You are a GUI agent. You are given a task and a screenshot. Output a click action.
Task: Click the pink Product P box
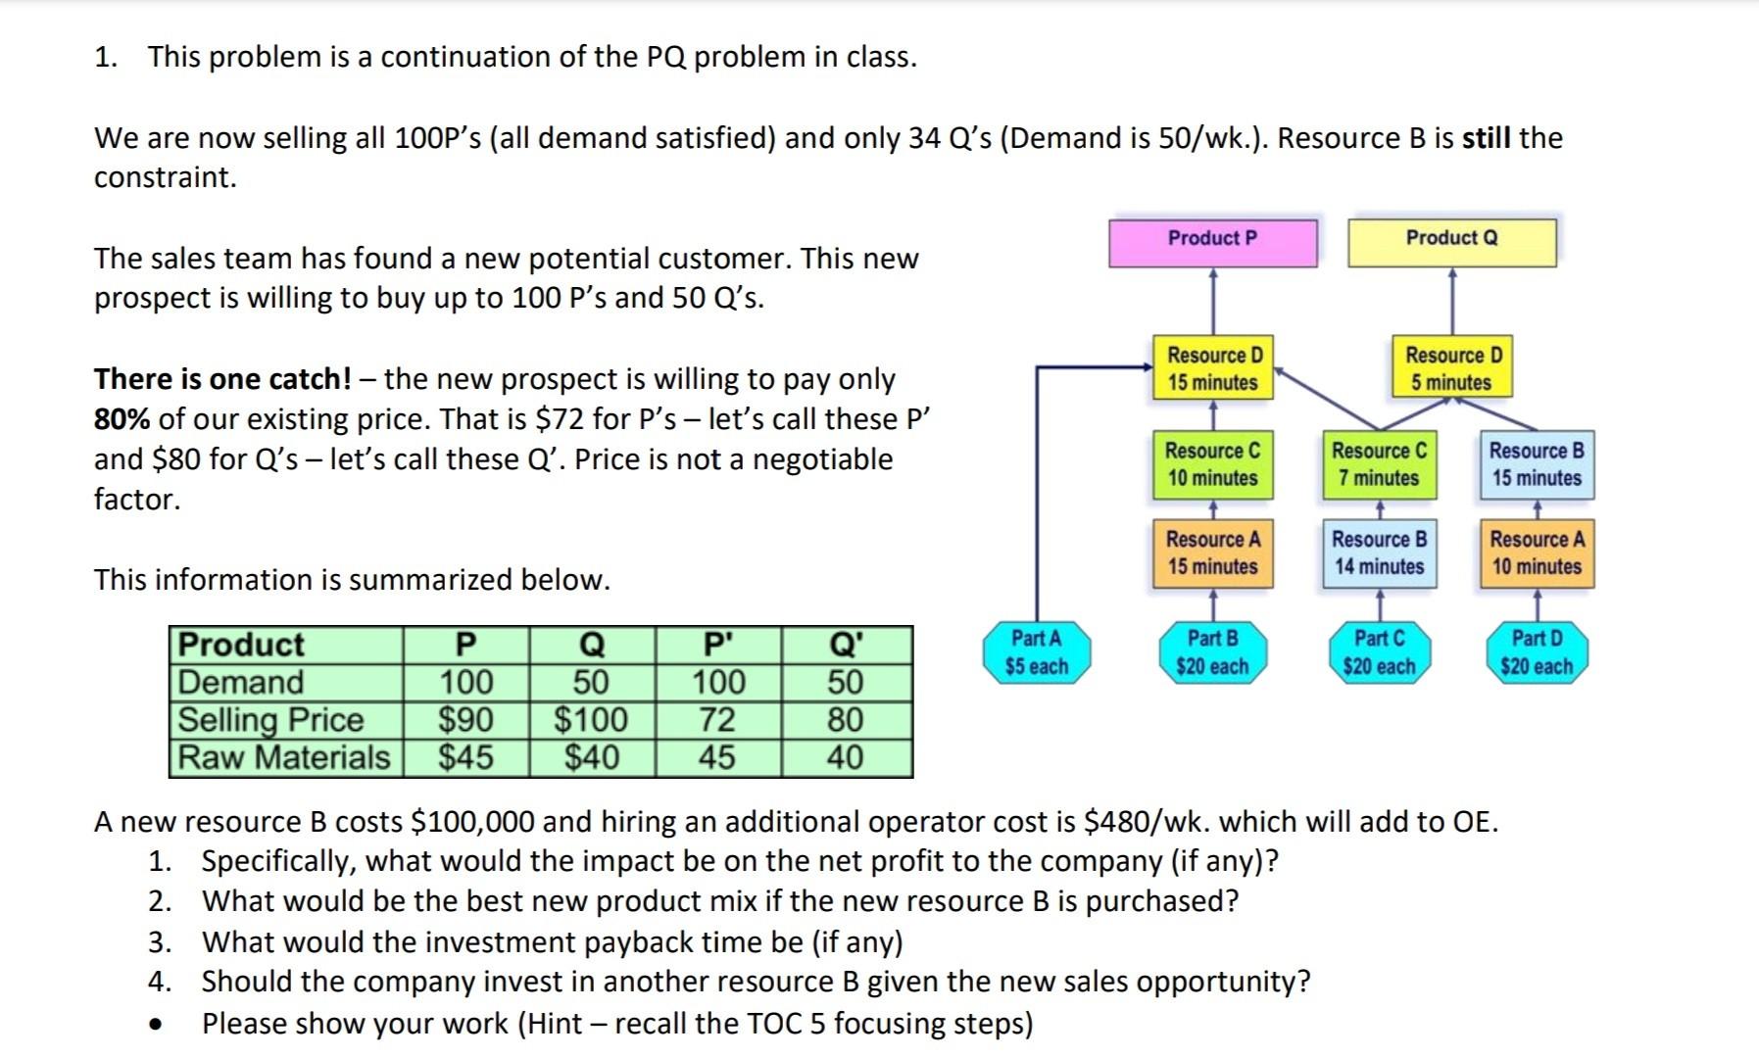tap(1212, 242)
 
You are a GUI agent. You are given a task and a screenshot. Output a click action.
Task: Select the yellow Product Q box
tap(1451, 242)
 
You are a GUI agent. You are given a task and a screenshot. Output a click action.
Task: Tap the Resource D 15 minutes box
tap(1213, 368)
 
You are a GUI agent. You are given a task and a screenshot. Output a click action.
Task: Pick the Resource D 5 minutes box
tap(1451, 368)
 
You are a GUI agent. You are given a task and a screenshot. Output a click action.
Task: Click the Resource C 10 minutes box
tap(1212, 464)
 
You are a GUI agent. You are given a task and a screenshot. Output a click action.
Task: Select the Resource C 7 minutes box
tap(1379, 464)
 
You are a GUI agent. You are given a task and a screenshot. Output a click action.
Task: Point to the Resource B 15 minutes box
tap(1536, 464)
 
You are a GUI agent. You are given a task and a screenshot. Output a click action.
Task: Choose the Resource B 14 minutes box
tap(1379, 553)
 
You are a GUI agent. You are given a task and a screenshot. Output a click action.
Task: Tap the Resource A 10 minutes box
tap(1536, 553)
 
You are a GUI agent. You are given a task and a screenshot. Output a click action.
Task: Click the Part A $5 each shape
tap(1036, 652)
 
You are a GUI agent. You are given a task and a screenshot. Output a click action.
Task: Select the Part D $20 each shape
tap(1536, 652)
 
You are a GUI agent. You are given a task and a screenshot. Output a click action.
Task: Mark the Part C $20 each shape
tap(1379, 652)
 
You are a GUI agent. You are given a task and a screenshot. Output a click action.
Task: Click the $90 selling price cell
tap(465, 720)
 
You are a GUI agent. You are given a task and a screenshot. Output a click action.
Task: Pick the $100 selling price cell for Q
tap(591, 720)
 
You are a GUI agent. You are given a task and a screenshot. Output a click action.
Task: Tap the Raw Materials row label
tap(284, 757)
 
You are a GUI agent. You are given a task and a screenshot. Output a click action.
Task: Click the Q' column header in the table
tap(846, 645)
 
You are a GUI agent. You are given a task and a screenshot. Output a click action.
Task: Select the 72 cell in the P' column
tap(717, 720)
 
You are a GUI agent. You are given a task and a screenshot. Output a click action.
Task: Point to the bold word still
tap(1487, 138)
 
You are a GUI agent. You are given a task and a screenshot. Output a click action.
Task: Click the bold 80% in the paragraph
tap(122, 419)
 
